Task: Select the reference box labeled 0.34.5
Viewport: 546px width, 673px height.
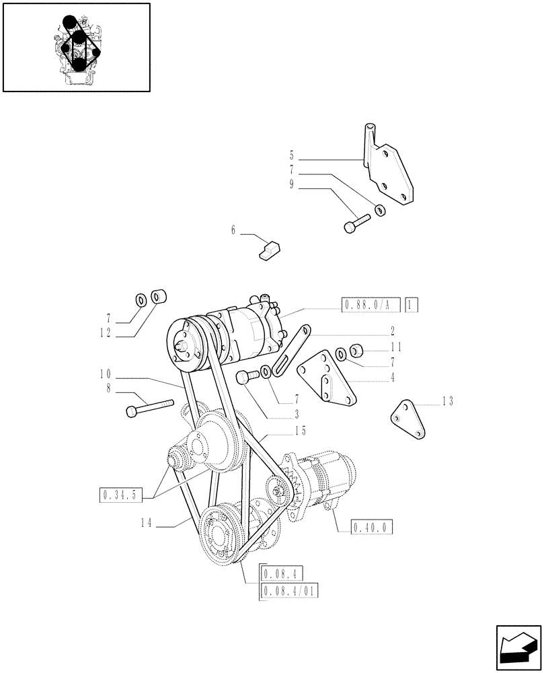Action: click(x=120, y=497)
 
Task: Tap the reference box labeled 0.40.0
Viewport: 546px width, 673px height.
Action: click(x=371, y=528)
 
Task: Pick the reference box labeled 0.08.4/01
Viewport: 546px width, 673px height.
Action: click(x=288, y=591)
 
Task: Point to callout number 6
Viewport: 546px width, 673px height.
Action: click(x=233, y=230)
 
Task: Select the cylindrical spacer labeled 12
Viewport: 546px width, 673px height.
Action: click(x=159, y=296)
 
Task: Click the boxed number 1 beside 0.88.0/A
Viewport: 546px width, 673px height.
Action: click(x=412, y=305)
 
